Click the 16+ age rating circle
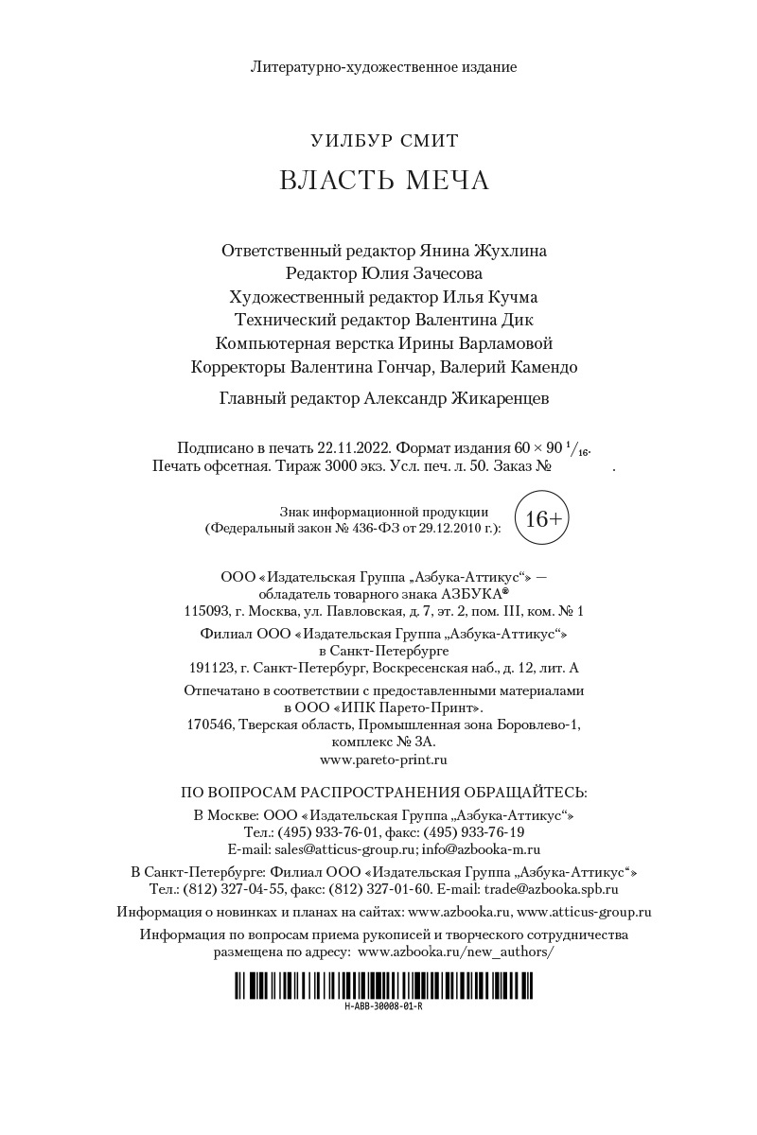point(543,518)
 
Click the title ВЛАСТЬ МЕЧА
point(384,181)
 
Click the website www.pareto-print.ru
point(384,759)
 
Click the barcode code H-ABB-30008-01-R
point(384,1006)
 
